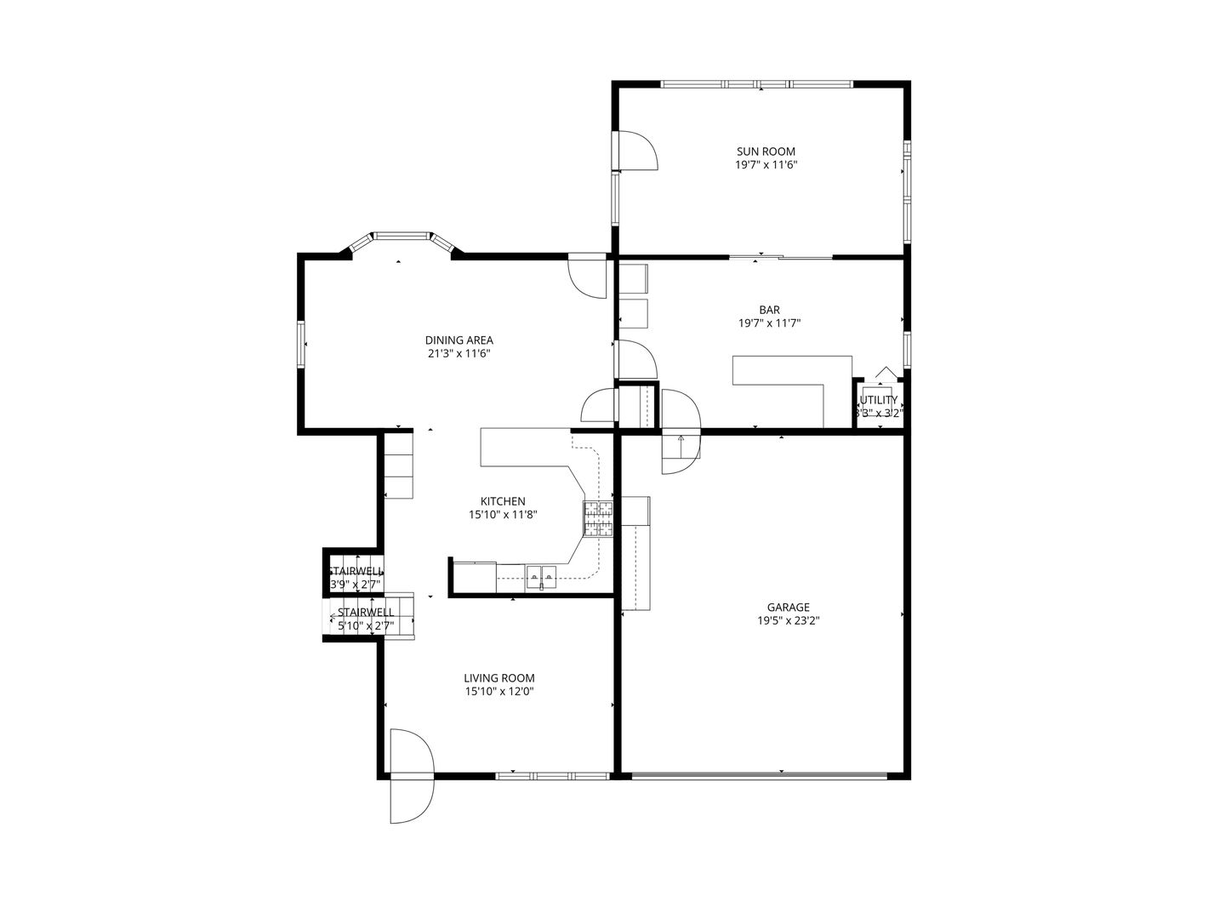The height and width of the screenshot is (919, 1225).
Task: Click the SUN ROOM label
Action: pyautogui.click(x=766, y=151)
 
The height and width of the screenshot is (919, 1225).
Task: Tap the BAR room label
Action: pyautogui.click(x=769, y=310)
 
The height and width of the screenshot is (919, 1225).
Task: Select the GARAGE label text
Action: pyautogui.click(x=788, y=607)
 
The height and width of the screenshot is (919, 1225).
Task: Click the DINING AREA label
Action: pyautogui.click(x=459, y=340)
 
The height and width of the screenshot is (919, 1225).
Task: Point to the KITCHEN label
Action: pyautogui.click(x=503, y=501)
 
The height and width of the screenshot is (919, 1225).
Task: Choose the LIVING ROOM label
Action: pyautogui.click(x=499, y=677)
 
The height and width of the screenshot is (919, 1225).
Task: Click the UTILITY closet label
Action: pyautogui.click(x=879, y=400)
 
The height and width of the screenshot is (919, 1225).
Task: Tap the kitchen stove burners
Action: pyautogui.click(x=598, y=519)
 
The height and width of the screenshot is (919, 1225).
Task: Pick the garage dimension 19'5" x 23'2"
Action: pyautogui.click(x=788, y=620)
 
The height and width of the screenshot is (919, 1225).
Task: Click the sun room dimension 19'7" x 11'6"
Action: pyautogui.click(x=766, y=165)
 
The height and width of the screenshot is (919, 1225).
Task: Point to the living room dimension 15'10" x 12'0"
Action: pyautogui.click(x=499, y=691)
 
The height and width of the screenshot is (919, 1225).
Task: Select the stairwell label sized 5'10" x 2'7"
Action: pyautogui.click(x=366, y=619)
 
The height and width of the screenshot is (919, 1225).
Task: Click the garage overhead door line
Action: pyautogui.click(x=760, y=775)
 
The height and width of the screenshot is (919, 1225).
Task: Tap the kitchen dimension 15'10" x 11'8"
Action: pyautogui.click(x=503, y=515)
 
